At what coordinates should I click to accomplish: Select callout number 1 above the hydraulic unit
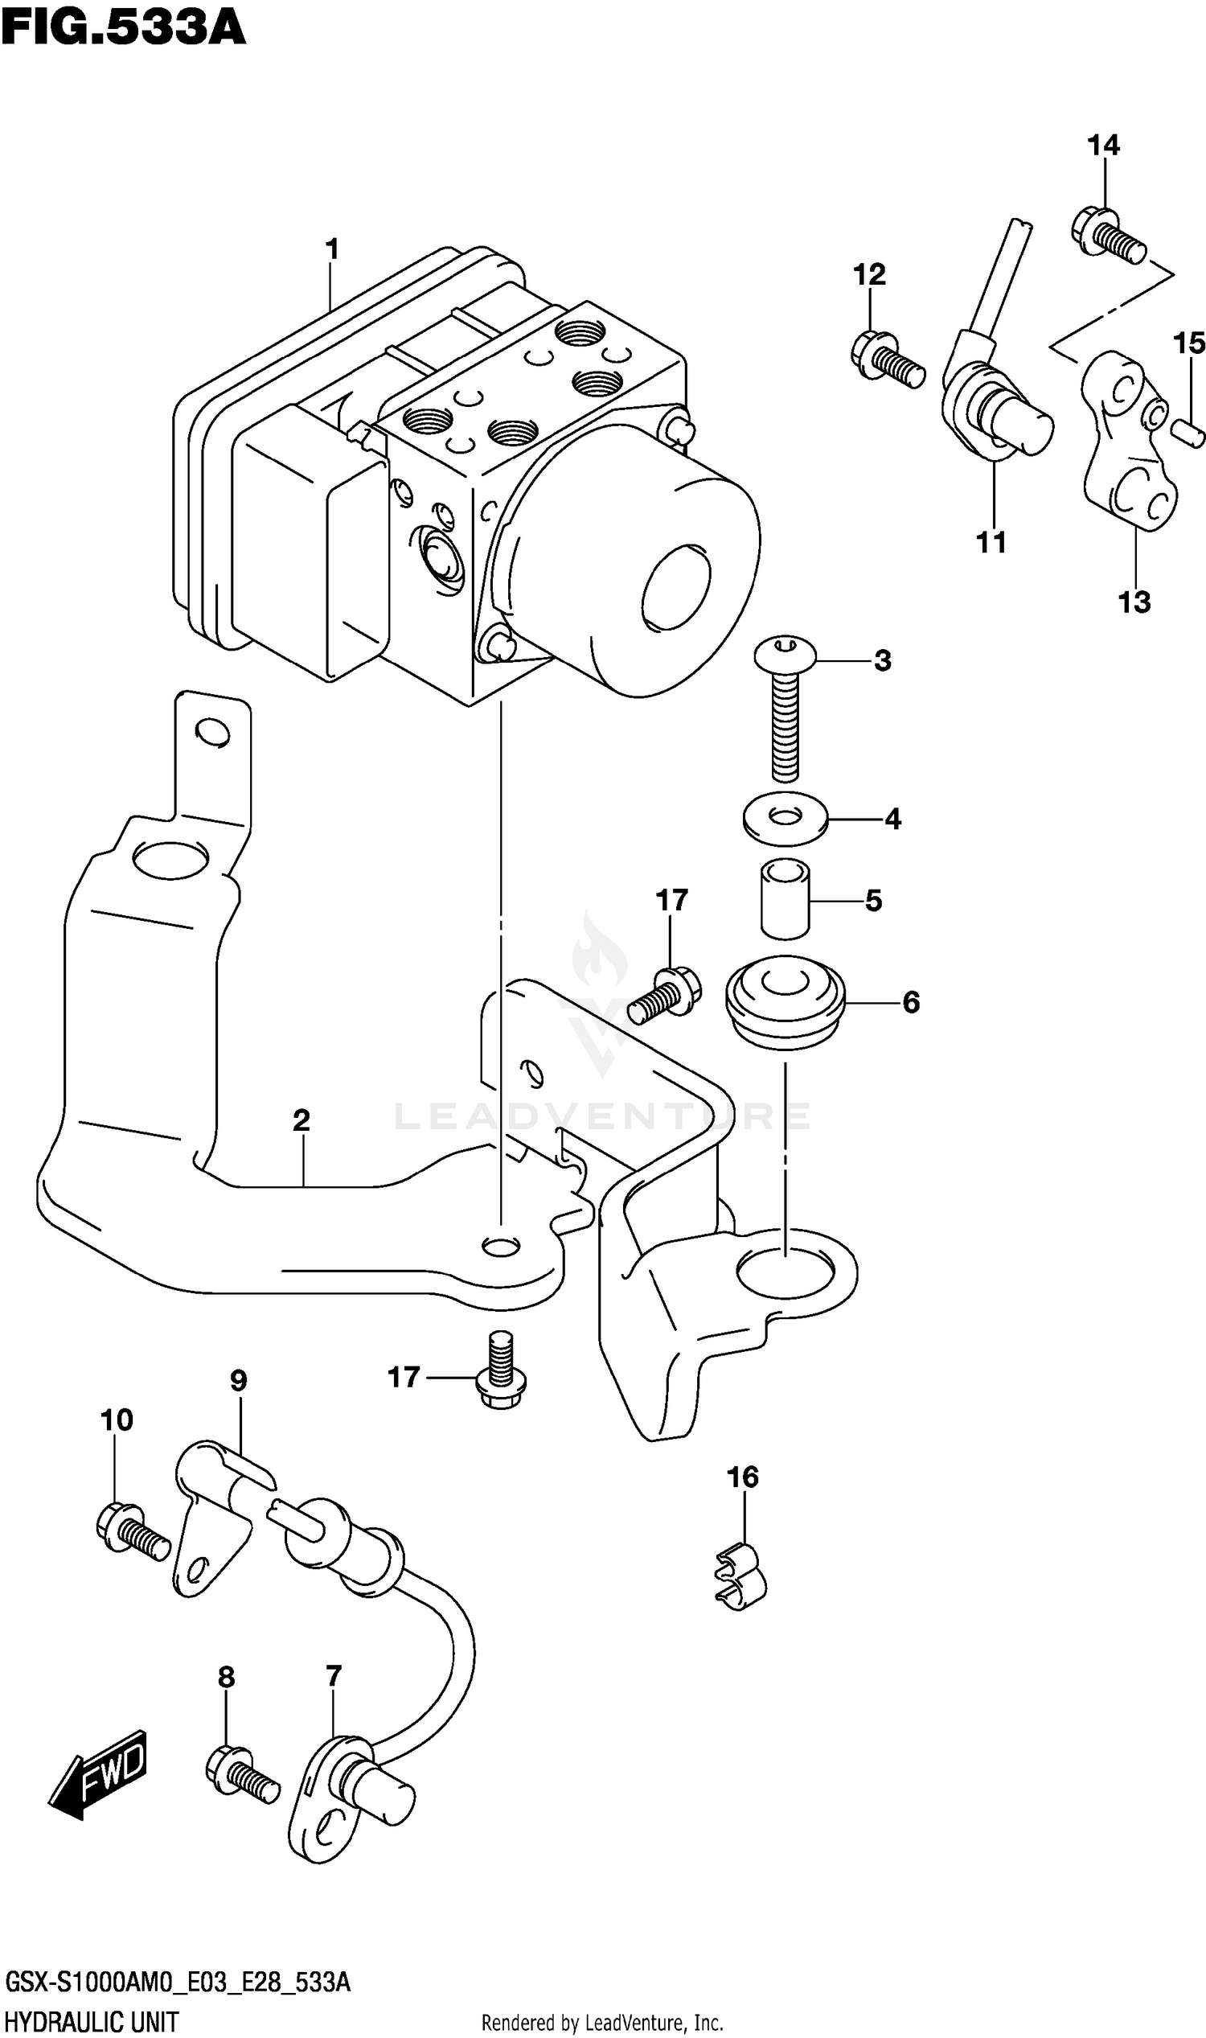tap(330, 249)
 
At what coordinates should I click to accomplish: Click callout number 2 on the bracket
tap(301, 1121)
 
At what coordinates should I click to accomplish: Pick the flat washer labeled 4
tap(785, 818)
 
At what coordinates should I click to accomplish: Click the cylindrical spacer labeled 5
tap(785, 900)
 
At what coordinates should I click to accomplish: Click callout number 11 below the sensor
tap(991, 542)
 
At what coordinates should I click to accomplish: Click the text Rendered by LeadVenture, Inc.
tap(602, 2016)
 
